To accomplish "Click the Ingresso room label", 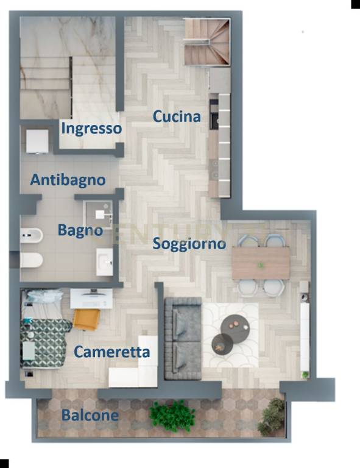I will (x=91, y=129).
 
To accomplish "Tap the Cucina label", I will (x=177, y=116).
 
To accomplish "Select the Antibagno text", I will (x=68, y=180).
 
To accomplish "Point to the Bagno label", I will (x=80, y=230).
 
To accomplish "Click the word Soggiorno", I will (x=189, y=244).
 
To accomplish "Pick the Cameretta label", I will (x=111, y=352).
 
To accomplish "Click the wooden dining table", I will (x=261, y=263).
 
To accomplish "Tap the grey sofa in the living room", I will (x=183, y=339).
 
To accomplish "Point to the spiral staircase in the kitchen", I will (x=207, y=41).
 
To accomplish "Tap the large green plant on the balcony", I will (x=172, y=416).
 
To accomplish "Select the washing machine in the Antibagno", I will (x=37, y=141).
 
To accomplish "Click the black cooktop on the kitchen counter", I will (x=214, y=114).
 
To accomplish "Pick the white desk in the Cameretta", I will (x=91, y=298).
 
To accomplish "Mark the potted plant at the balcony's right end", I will (x=272, y=414).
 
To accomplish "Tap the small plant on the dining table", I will (x=261, y=264).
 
